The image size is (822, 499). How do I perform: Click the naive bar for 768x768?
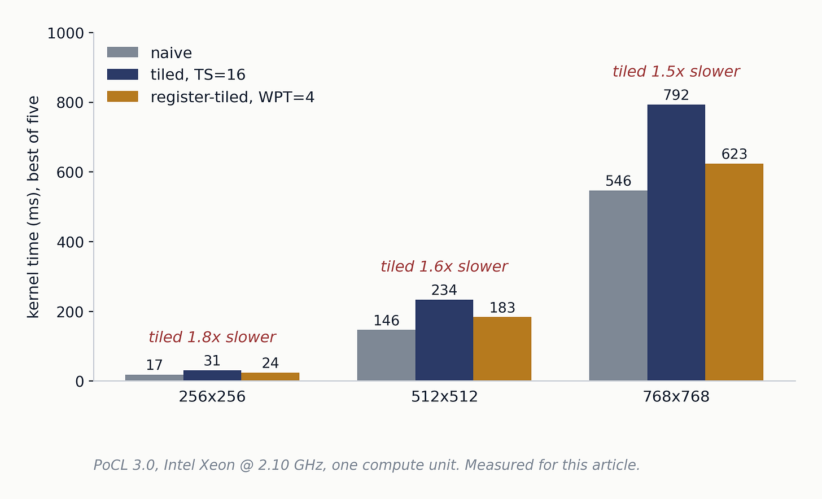(618, 286)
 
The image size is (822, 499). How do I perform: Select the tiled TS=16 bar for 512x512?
(444, 340)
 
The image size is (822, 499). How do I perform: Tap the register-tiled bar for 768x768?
(734, 272)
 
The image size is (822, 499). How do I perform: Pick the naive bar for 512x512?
(386, 355)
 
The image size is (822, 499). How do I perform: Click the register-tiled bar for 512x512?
(502, 349)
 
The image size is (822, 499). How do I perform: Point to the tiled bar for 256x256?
(212, 375)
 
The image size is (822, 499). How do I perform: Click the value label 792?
(676, 95)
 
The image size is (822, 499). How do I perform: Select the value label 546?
(618, 181)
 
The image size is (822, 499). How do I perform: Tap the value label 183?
(502, 308)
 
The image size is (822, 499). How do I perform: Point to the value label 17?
(154, 365)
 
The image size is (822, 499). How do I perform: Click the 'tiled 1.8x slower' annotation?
(212, 337)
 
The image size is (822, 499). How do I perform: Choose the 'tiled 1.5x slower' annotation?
(676, 71)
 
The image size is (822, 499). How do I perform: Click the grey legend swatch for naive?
(123, 52)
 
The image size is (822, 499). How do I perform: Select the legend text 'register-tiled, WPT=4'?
(232, 97)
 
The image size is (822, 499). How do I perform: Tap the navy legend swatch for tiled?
(123, 74)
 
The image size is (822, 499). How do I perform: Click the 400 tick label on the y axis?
(70, 242)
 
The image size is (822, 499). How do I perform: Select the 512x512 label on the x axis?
(444, 397)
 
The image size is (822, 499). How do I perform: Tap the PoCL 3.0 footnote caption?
(366, 465)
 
